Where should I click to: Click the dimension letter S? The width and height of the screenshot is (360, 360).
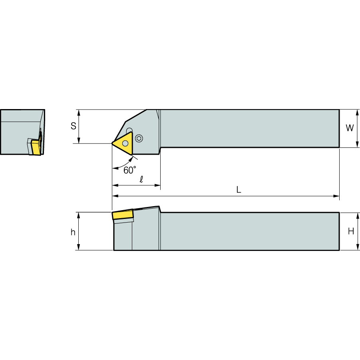click(x=73, y=126)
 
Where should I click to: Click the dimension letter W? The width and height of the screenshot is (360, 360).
click(x=350, y=128)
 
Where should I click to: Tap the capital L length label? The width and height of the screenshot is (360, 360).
click(x=239, y=190)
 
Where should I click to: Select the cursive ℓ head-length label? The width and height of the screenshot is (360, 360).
click(x=141, y=179)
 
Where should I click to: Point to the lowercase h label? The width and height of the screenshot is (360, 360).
click(x=73, y=232)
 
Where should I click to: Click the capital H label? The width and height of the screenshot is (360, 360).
click(x=351, y=231)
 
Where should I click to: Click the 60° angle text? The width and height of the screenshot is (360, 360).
click(x=130, y=170)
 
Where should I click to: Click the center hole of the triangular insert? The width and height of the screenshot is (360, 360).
click(x=125, y=143)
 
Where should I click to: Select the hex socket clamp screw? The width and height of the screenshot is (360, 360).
click(x=139, y=138)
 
